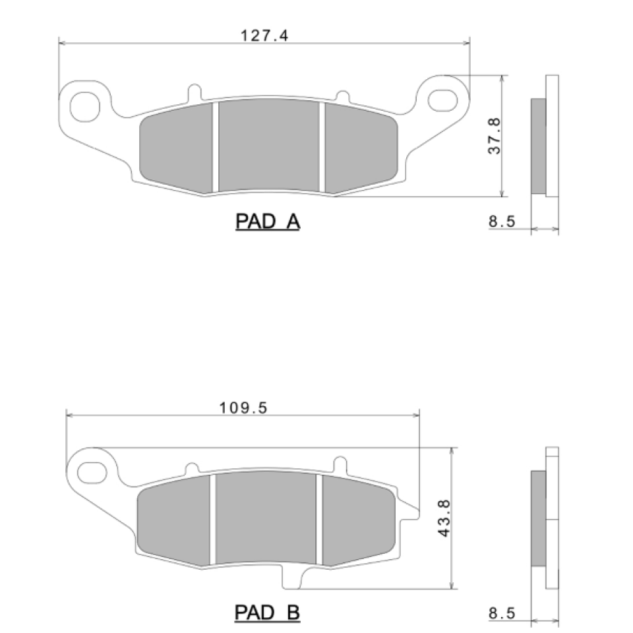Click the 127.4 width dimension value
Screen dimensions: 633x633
(264, 36)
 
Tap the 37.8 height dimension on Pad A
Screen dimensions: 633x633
(494, 136)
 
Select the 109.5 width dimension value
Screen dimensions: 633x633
(243, 407)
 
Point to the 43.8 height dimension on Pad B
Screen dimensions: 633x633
(444, 518)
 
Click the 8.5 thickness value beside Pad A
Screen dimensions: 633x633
(502, 222)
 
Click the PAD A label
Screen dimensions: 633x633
(268, 222)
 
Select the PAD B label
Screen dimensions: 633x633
(267, 613)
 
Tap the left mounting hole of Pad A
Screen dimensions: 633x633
(85, 107)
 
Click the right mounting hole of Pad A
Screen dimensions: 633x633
(443, 100)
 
